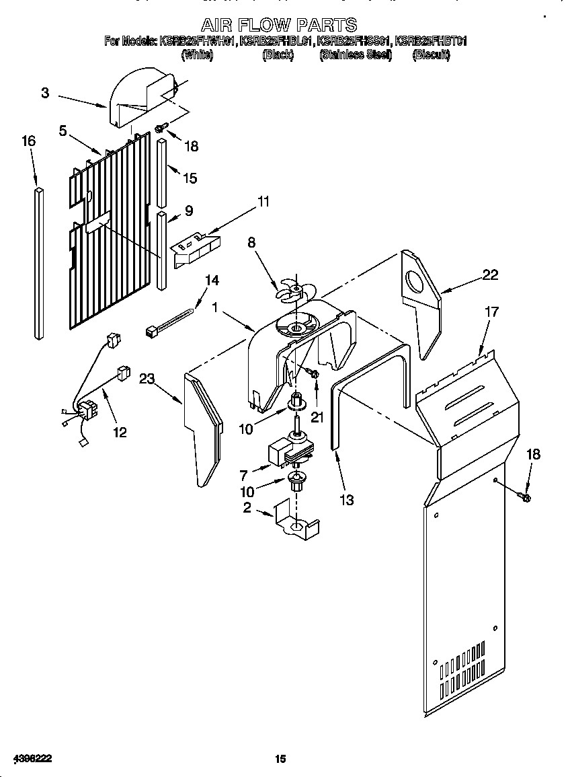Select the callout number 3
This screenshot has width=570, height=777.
pyautogui.click(x=44, y=94)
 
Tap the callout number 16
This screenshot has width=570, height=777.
pyautogui.click(x=28, y=141)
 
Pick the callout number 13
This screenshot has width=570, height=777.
pyautogui.click(x=347, y=501)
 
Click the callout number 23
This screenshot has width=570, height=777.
pyautogui.click(x=147, y=379)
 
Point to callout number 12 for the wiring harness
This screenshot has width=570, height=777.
pyautogui.click(x=119, y=432)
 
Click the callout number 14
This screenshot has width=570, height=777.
pyautogui.click(x=212, y=281)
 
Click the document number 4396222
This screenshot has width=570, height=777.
pyautogui.click(x=32, y=759)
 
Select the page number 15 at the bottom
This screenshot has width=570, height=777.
pyautogui.click(x=280, y=759)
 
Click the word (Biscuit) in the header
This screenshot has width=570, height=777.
pyautogui.click(x=430, y=55)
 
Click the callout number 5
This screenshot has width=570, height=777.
pyautogui.click(x=63, y=131)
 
